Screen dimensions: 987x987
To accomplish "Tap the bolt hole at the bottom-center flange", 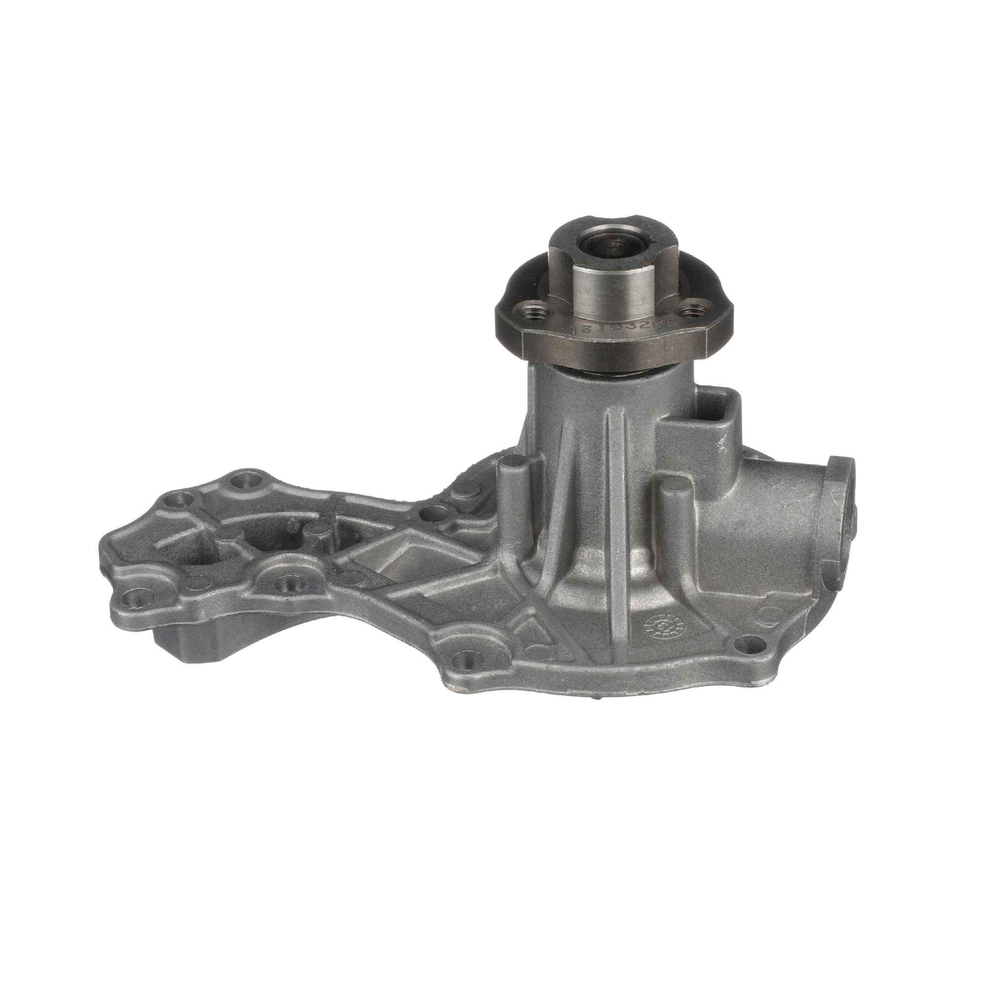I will [x=466, y=662].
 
